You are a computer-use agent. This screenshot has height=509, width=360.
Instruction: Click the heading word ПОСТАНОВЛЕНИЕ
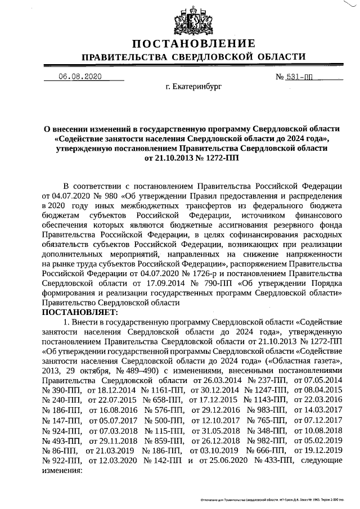click(194, 44)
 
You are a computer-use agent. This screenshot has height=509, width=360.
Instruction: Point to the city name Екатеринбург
click(194, 88)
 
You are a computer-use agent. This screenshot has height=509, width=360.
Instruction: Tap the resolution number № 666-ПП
click(264, 450)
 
